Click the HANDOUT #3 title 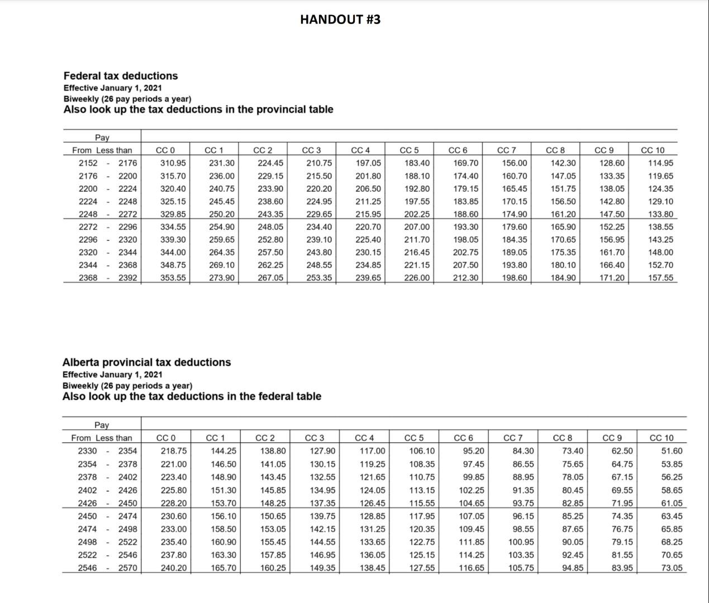[x=340, y=20]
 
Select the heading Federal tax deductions [x=120, y=76]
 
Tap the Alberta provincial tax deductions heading [x=146, y=362]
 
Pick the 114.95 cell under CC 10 [x=661, y=163]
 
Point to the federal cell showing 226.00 [x=417, y=277]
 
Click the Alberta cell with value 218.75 [x=174, y=451]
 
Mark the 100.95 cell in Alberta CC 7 [x=521, y=542]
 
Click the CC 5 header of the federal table [x=410, y=150]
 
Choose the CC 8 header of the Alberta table [x=563, y=438]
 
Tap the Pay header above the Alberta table [x=102, y=425]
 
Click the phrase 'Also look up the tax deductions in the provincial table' [x=198, y=109]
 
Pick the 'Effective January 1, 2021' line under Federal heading [x=113, y=88]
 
